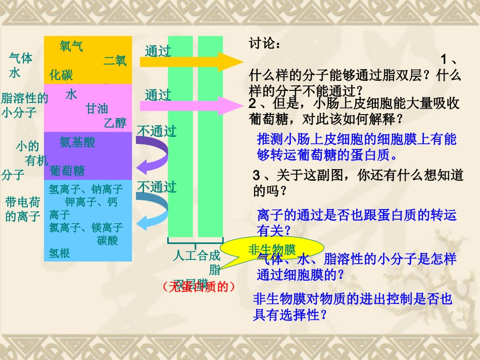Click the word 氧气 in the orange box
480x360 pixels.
pyautogui.click(x=71, y=46)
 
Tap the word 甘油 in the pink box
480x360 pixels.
pyautogui.click(x=97, y=109)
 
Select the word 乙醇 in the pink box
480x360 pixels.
pyautogui.click(x=115, y=122)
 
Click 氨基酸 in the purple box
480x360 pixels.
pyautogui.click(x=77, y=142)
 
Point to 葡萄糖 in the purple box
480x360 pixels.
pyautogui.click(x=67, y=171)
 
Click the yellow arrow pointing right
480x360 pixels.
pyautogui.click(x=192, y=62)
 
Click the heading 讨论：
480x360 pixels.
pyautogui.click(x=265, y=44)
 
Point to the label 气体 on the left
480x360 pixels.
pyautogui.click(x=21, y=58)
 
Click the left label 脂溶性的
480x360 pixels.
pyautogui.click(x=25, y=98)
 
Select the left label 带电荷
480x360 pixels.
pyautogui.click(x=22, y=203)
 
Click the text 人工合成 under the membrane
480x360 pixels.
pyautogui.click(x=197, y=255)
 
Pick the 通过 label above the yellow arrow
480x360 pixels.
pyautogui.click(x=158, y=51)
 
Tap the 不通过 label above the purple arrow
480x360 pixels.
pyautogui.click(x=157, y=131)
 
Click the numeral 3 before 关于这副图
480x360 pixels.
pyautogui.click(x=256, y=176)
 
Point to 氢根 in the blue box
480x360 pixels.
pyautogui.click(x=59, y=253)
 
